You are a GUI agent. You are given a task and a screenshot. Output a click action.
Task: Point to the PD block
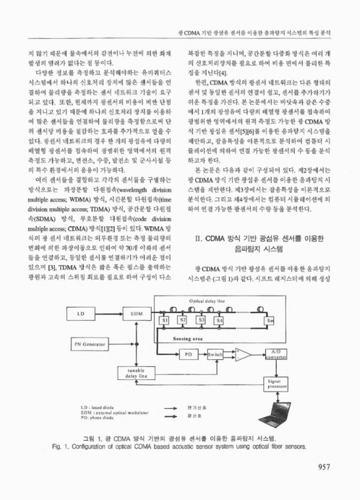(189, 353)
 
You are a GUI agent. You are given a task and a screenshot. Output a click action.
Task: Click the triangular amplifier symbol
(244, 354)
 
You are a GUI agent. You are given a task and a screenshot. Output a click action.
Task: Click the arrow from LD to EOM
(107, 311)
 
